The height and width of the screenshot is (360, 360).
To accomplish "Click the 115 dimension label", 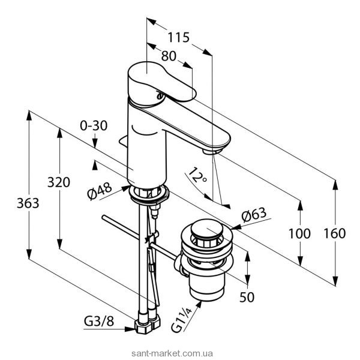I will pos(179,37).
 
